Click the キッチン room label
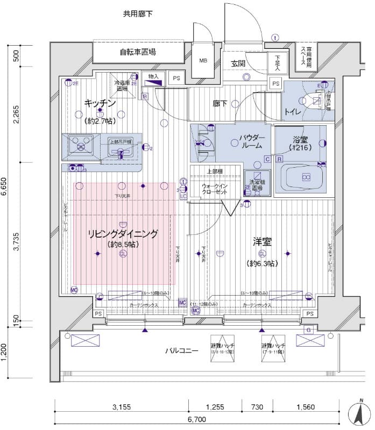[x=100, y=103]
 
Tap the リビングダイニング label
[x=123, y=234]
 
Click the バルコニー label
[x=182, y=351]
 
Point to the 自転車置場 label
[x=138, y=52]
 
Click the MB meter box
[x=203, y=60]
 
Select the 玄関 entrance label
[x=238, y=63]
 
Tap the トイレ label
[x=293, y=112]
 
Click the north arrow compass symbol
[x=358, y=414]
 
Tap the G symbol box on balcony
[x=308, y=329]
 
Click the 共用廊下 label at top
[x=138, y=13]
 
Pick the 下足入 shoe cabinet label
[x=278, y=63]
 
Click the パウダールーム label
[x=251, y=141]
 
